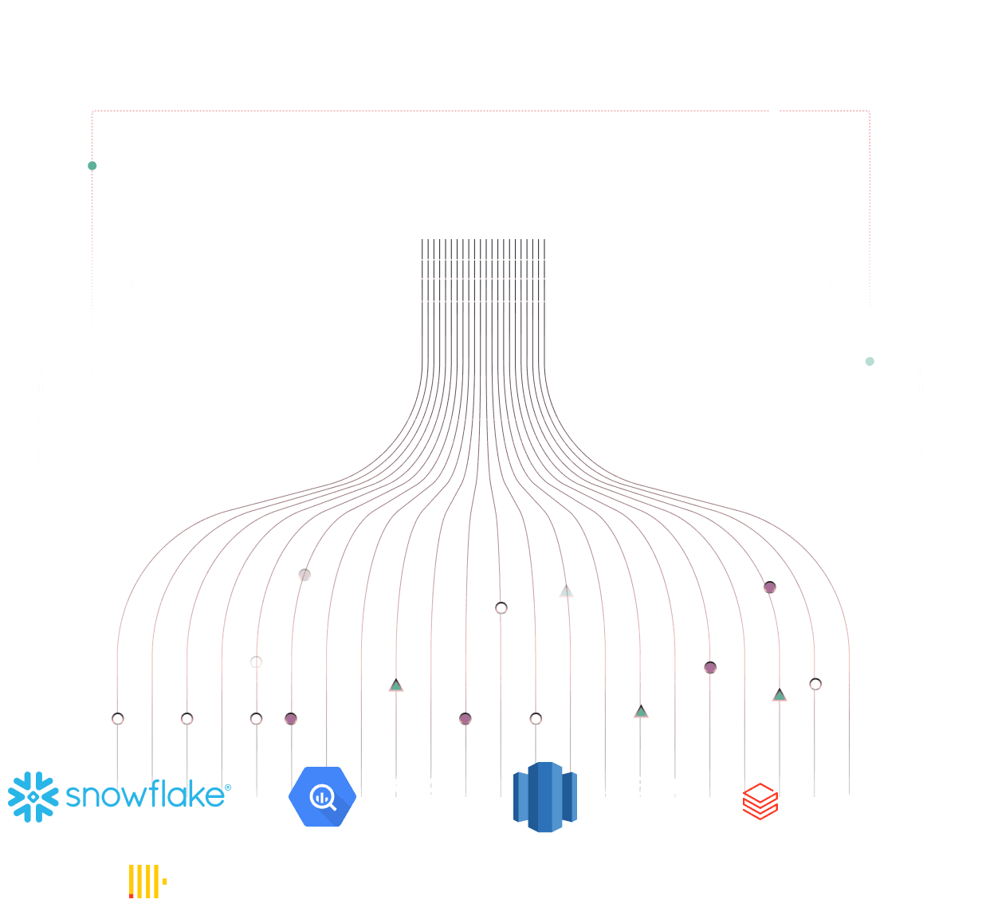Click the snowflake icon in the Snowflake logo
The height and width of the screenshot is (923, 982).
click(x=33, y=796)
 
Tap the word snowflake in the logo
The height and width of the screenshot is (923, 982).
click(x=146, y=795)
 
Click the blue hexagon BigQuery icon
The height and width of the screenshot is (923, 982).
click(x=322, y=796)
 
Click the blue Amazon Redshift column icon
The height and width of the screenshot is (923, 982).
click(x=544, y=797)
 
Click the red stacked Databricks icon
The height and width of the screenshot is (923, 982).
click(x=760, y=801)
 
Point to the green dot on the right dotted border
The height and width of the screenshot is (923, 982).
click(x=870, y=361)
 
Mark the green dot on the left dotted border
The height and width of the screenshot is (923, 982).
click(x=92, y=166)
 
